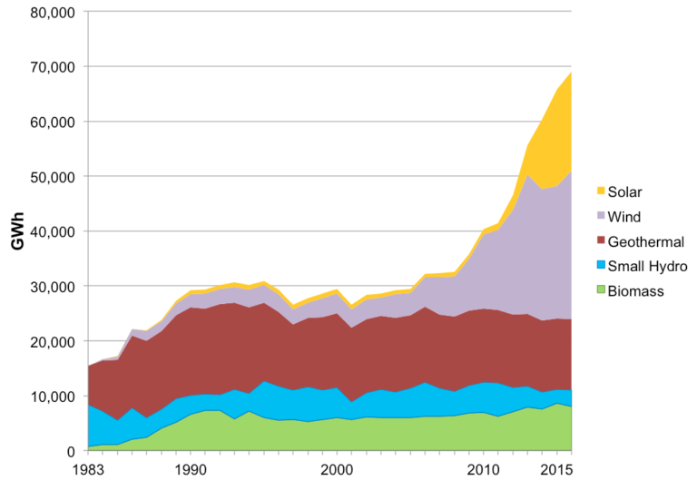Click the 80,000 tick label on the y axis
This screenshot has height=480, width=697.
pos(53,13)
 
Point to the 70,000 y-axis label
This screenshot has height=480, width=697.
pos(53,67)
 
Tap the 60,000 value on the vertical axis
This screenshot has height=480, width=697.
pos(53,122)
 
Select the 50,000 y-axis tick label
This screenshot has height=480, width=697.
pos(53,177)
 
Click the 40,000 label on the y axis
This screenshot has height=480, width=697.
pos(53,231)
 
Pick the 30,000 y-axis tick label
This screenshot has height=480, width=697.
pos(53,287)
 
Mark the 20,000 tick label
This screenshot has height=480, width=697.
pos(53,341)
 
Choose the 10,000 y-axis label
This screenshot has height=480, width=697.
pos(53,397)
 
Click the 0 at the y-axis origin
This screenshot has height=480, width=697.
pos(71,452)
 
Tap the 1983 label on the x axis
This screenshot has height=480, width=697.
pos(87,470)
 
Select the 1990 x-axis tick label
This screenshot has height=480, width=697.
pos(191,470)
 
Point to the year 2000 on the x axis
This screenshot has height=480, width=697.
pos(337,470)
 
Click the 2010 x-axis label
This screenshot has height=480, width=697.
pos(483,470)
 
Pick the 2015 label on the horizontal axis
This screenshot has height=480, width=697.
pos(556,470)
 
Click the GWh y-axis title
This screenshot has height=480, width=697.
pos(17,231)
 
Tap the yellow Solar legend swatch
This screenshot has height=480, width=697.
pos(601,191)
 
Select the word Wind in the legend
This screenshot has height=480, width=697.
pos(624,217)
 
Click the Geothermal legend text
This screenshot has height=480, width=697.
pos(646,241)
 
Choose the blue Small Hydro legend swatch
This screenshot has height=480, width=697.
pos(601,265)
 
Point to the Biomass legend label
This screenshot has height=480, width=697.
pos(635,291)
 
